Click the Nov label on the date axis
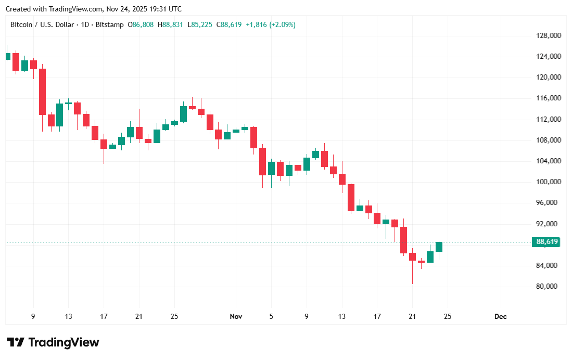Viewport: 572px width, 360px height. click(x=236, y=316)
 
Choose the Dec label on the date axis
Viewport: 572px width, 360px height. click(x=500, y=316)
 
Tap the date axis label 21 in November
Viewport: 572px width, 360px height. click(x=412, y=316)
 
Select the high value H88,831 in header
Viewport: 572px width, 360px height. click(x=172, y=24)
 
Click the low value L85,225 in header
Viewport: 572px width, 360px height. click(x=201, y=24)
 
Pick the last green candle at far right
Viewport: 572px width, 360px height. click(x=439, y=247)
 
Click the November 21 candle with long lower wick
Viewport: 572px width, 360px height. click(x=412, y=257)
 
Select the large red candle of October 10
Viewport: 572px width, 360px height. click(x=42, y=92)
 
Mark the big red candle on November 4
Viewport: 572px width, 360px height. click(x=263, y=161)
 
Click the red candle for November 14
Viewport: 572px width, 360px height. click(x=351, y=197)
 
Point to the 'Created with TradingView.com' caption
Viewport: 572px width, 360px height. click(x=93, y=9)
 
